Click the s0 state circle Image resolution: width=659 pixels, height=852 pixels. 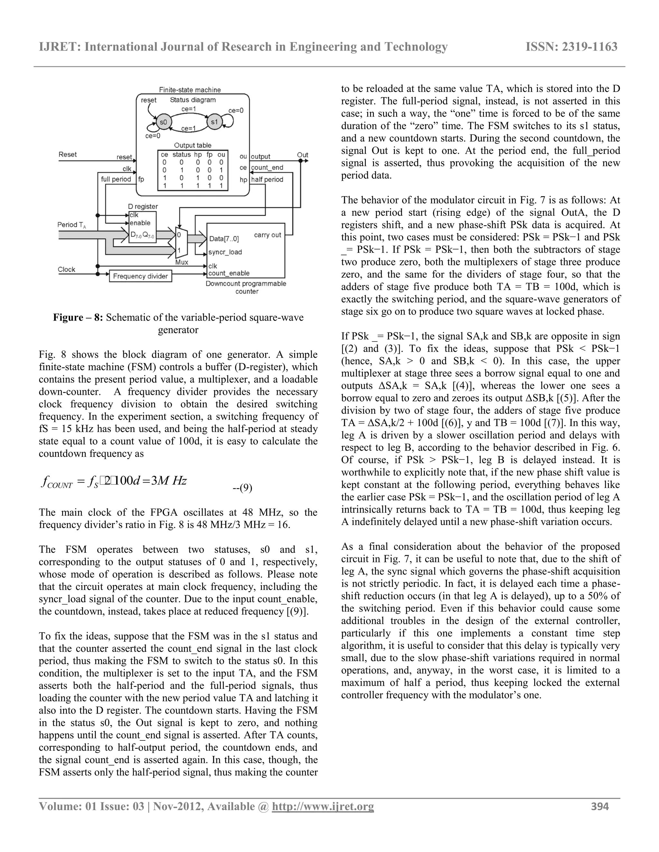point(163,122)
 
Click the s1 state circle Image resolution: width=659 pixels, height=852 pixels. point(214,122)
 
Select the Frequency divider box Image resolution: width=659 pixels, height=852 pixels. point(140,276)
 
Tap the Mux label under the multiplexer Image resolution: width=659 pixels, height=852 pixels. point(181,262)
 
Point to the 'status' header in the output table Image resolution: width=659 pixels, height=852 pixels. point(181,154)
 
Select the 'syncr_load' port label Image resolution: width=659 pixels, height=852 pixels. point(225,252)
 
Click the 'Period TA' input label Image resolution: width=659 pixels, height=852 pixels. point(71,225)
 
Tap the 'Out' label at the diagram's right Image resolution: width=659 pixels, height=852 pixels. point(302,155)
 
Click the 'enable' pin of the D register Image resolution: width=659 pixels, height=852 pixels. point(140,223)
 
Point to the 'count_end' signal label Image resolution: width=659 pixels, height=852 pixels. point(267,168)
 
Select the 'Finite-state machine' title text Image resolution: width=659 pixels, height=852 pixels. point(190,90)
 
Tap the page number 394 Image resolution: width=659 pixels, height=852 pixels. point(600,806)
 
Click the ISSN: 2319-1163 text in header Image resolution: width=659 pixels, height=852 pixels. point(571,47)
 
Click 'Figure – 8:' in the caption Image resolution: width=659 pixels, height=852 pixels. point(78,318)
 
